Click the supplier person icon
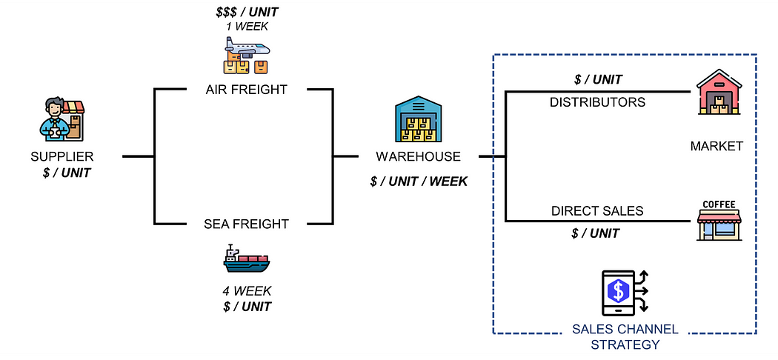[x=61, y=119]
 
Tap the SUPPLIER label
[x=61, y=157]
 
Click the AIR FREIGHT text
[x=247, y=90]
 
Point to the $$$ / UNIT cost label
[x=247, y=12]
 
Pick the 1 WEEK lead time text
[x=247, y=27]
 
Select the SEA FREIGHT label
[x=247, y=223]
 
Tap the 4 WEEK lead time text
[x=247, y=291]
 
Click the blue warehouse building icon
[x=419, y=120]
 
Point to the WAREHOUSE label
[x=419, y=156]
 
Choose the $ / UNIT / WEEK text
[x=419, y=181]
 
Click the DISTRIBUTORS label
[x=597, y=101]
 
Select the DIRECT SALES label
[x=597, y=210]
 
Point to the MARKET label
[x=717, y=146]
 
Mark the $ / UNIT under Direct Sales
[x=596, y=233]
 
